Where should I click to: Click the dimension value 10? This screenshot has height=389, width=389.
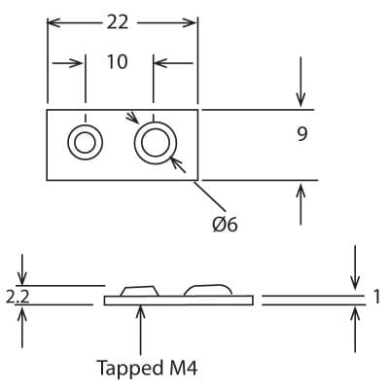[118, 62]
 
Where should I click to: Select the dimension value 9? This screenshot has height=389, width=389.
[302, 134]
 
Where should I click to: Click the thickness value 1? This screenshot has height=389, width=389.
[375, 297]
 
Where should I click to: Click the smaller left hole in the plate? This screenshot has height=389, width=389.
[84, 143]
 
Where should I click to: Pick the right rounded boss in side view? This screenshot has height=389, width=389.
[208, 289]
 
